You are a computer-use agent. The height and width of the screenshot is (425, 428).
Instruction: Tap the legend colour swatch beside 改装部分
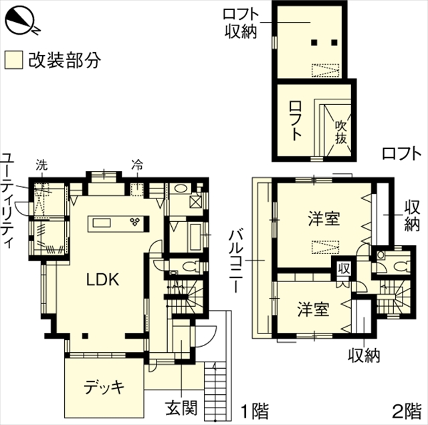[x=13, y=59]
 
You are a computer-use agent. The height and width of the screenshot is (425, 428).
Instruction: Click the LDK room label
[x=102, y=279]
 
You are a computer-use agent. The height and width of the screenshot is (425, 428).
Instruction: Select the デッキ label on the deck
[x=104, y=386]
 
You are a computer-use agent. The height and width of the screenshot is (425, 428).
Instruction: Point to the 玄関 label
[x=181, y=408]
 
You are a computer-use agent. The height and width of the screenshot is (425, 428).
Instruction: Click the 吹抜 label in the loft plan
[x=341, y=132]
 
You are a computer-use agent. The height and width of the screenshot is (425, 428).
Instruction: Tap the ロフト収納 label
[x=241, y=23]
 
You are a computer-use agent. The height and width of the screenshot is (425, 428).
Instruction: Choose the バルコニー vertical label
[x=236, y=261]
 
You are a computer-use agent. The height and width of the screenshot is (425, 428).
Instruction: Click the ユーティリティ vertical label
[x=8, y=200]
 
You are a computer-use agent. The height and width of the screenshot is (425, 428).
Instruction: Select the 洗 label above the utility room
[x=41, y=165]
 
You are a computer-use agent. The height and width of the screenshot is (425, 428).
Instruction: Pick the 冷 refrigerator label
[x=137, y=165]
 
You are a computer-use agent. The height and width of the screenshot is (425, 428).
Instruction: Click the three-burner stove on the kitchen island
[x=135, y=221]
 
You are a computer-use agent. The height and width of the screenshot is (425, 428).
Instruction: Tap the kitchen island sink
[x=102, y=223]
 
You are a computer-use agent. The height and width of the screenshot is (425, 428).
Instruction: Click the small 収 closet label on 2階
[x=344, y=269]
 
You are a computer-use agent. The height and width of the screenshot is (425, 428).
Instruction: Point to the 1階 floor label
[x=255, y=411]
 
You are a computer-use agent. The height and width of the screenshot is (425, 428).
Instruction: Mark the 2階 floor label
[x=407, y=411]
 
